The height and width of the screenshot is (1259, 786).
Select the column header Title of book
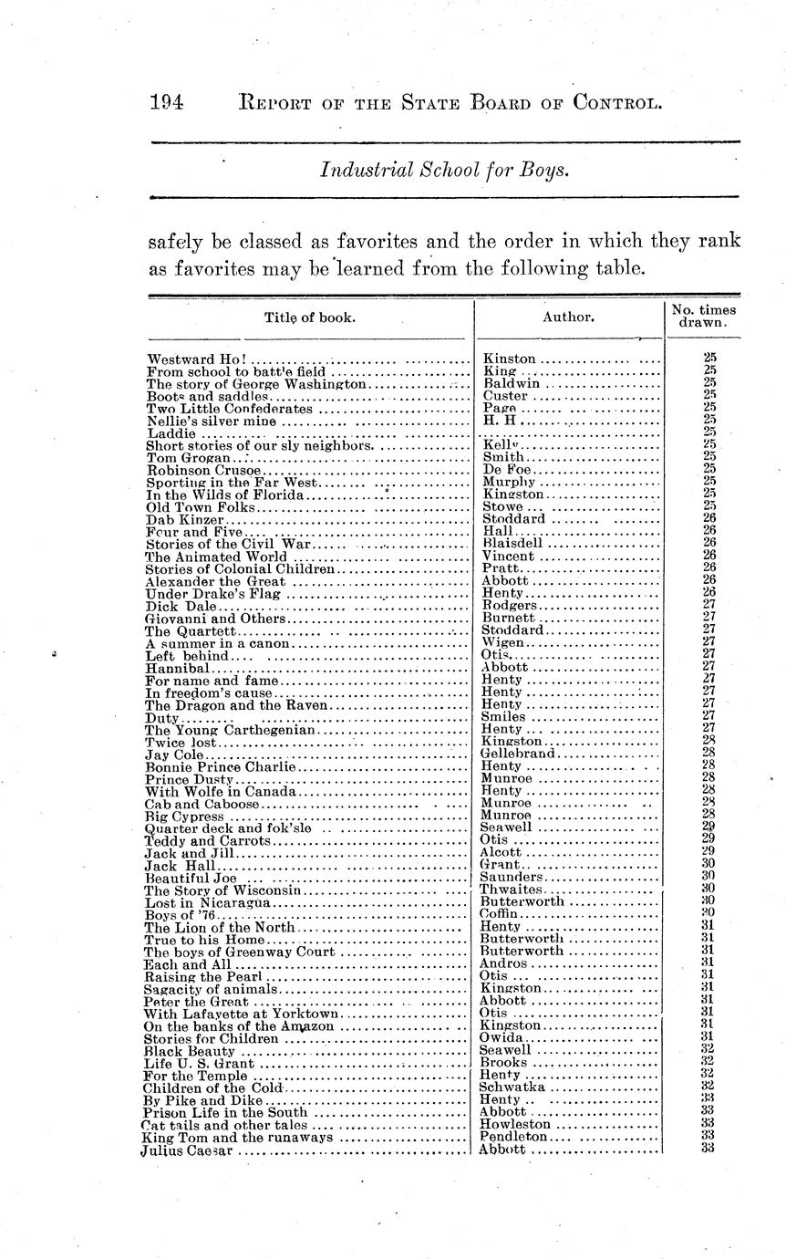tap(309, 317)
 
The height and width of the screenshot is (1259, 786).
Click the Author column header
tap(568, 317)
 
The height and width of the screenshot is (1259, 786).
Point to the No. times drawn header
tap(703, 317)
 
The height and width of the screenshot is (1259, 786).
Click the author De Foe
tap(501, 470)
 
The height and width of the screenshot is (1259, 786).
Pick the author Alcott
tap(502, 852)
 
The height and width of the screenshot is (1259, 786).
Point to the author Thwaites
tap(512, 890)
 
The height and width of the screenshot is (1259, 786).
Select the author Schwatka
tap(512, 1087)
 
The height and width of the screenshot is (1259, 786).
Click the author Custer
tap(505, 396)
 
